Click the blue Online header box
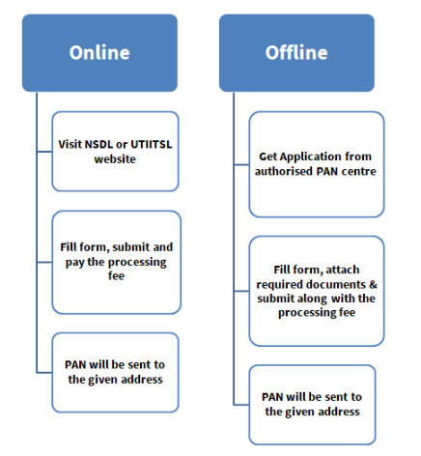point(98,53)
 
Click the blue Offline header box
point(296,53)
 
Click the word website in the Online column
point(116,157)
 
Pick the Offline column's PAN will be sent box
point(311,404)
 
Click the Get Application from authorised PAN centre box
point(316,162)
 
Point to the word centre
point(357,170)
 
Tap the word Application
point(311,156)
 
